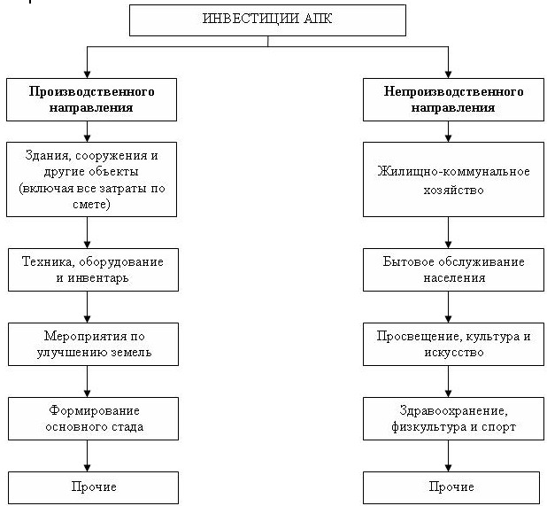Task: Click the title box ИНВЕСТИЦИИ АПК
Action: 267,20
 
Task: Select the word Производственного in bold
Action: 92,91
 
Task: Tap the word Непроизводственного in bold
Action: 453,91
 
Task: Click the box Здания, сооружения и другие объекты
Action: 92,179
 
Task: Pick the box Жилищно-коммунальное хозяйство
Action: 453,179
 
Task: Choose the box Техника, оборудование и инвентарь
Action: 93,269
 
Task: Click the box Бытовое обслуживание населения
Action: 453,269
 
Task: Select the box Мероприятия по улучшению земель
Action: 93,344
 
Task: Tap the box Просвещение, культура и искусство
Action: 453,344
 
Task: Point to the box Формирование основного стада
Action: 93,418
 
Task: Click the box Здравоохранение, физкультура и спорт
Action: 453,418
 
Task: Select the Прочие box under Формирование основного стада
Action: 93,487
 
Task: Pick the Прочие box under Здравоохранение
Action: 451,487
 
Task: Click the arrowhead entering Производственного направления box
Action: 88,74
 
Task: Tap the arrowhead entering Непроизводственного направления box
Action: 448,74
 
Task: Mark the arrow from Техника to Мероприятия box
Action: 88,307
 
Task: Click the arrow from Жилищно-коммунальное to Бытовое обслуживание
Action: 448,232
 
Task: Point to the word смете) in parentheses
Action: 91,204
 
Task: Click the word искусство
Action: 454,353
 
